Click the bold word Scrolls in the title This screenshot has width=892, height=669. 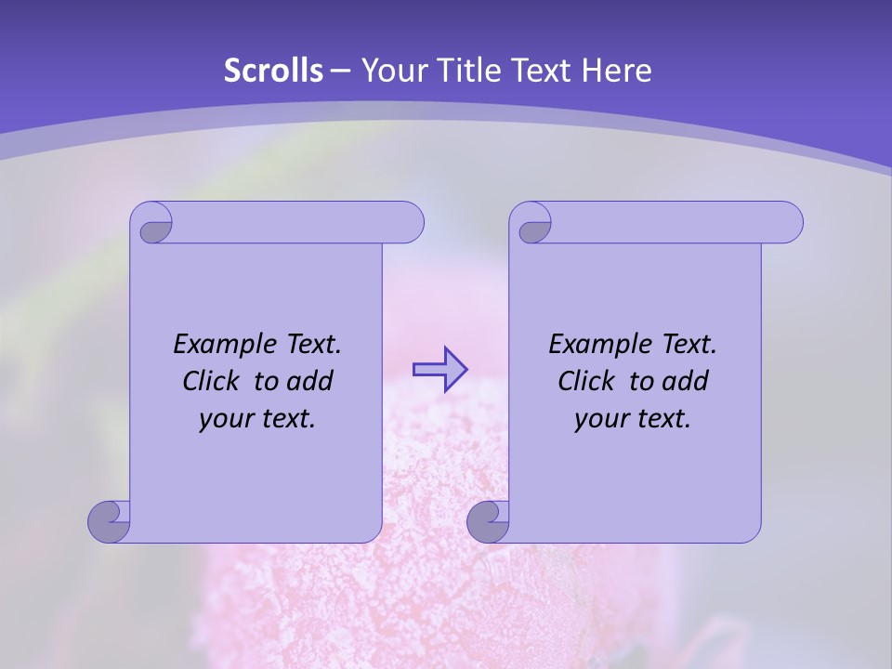[x=273, y=71]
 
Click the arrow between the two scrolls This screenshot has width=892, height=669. [x=440, y=369]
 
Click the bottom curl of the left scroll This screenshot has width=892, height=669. [x=109, y=520]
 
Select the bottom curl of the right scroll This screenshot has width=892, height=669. [x=488, y=520]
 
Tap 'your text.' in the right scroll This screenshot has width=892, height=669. [x=633, y=419]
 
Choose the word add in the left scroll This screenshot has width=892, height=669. [x=309, y=381]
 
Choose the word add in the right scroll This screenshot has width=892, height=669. [x=685, y=381]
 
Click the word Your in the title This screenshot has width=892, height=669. [x=393, y=71]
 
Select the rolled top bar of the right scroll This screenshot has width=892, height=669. [x=669, y=223]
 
